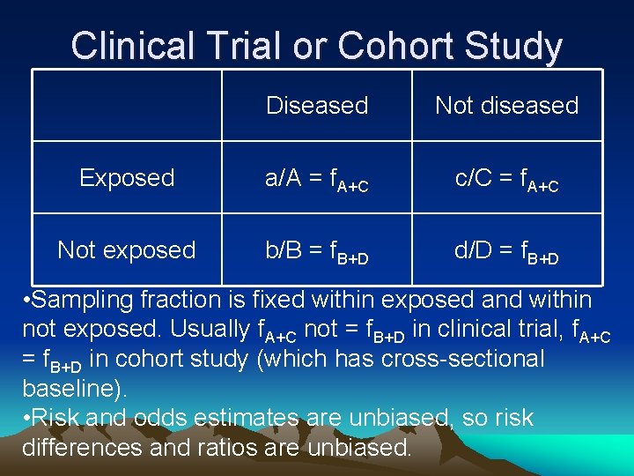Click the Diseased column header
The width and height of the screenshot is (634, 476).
317,106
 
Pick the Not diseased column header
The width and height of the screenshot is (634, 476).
506,106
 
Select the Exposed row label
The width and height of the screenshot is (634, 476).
127,178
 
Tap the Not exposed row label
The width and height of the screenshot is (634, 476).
127,250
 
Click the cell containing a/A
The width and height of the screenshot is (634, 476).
317,179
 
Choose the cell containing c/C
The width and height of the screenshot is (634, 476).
506,179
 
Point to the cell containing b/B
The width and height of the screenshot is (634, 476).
317,251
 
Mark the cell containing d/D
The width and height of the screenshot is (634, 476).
506,251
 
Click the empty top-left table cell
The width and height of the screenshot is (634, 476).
127,106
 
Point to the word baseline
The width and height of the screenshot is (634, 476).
67,388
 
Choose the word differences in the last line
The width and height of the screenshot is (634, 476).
89,447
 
